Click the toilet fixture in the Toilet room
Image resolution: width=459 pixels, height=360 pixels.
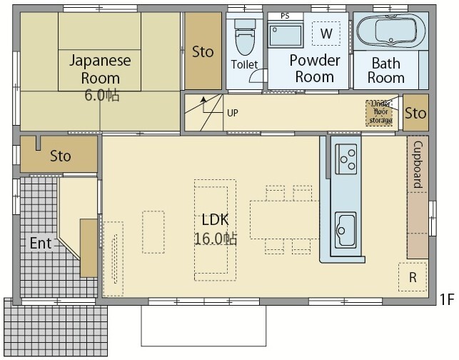[x=245, y=37]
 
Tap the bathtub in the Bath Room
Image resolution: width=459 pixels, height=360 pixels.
[x=390, y=31]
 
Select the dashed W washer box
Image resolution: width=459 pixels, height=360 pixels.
[x=326, y=34]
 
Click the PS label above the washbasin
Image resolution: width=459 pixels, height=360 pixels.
[x=285, y=16]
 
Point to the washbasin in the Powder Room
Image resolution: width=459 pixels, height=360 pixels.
[x=286, y=36]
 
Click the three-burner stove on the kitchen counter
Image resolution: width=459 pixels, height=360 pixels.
[x=345, y=159]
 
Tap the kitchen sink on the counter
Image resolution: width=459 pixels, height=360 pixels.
[x=345, y=230]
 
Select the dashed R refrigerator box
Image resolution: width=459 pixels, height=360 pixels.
[x=413, y=277]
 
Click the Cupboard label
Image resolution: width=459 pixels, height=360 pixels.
[x=418, y=164]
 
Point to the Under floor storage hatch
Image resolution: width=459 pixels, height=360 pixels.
[x=379, y=113]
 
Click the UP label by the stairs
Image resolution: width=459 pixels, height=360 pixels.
[x=233, y=113]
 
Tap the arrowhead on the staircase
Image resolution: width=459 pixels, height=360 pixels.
[x=203, y=99]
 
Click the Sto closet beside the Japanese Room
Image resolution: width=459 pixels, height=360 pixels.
[x=203, y=51]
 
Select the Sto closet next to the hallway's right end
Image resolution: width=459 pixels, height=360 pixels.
[x=415, y=112]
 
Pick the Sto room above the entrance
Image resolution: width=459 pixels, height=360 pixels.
[x=59, y=154]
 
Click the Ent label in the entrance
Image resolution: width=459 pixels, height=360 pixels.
[x=41, y=243]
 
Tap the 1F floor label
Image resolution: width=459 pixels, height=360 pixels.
[x=447, y=299]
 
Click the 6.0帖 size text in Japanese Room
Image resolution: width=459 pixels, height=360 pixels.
[x=102, y=95]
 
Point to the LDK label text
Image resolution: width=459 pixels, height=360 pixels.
[x=215, y=220]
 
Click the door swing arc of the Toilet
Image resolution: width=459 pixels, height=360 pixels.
[x=256, y=74]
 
